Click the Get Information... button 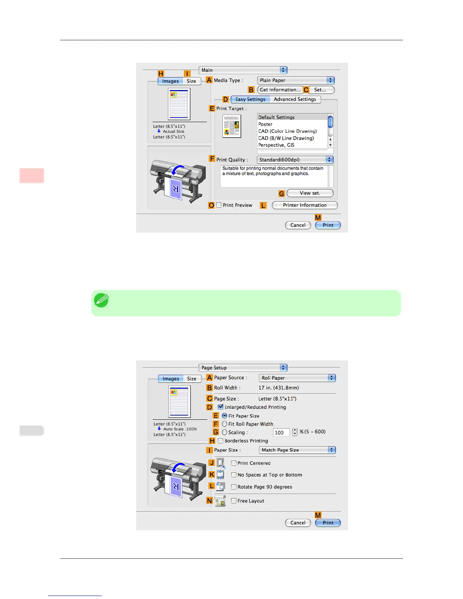(280, 90)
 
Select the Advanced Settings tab (295, 99)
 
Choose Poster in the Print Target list (266, 124)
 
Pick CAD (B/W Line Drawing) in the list (286, 138)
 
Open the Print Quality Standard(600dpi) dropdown (295, 160)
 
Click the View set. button (310, 193)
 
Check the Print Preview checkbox (219, 205)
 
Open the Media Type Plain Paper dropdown (296, 81)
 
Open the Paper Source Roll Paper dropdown (297, 378)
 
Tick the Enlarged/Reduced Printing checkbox (221, 407)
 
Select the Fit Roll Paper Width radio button (225, 424)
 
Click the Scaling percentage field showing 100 (281, 433)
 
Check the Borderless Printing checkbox (221, 441)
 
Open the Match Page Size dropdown (297, 450)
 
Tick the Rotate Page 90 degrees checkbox (234, 487)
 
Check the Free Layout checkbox (234, 501)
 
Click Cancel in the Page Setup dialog (298, 523)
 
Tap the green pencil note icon (101, 300)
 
